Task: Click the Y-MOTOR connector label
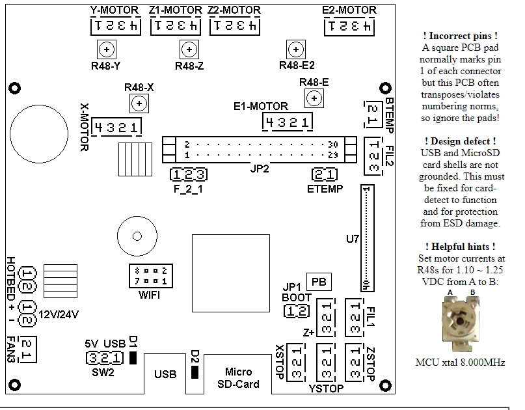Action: (113, 10)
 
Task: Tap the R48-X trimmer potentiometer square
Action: (138, 103)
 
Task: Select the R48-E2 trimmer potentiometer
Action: (296, 49)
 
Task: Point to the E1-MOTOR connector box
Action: (287, 122)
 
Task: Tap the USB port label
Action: (165, 374)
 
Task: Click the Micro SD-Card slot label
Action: (238, 377)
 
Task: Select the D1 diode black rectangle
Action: (132, 358)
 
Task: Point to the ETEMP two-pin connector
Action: (324, 174)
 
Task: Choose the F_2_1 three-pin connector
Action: (189, 174)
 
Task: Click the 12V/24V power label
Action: (59, 314)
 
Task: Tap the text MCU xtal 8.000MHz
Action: (460, 362)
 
